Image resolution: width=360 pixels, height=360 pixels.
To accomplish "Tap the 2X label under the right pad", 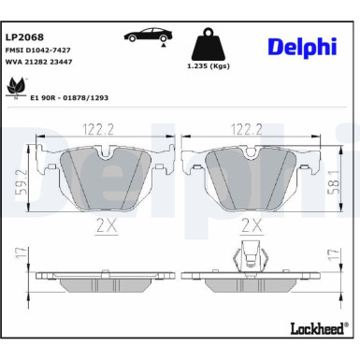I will pos(252,224).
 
